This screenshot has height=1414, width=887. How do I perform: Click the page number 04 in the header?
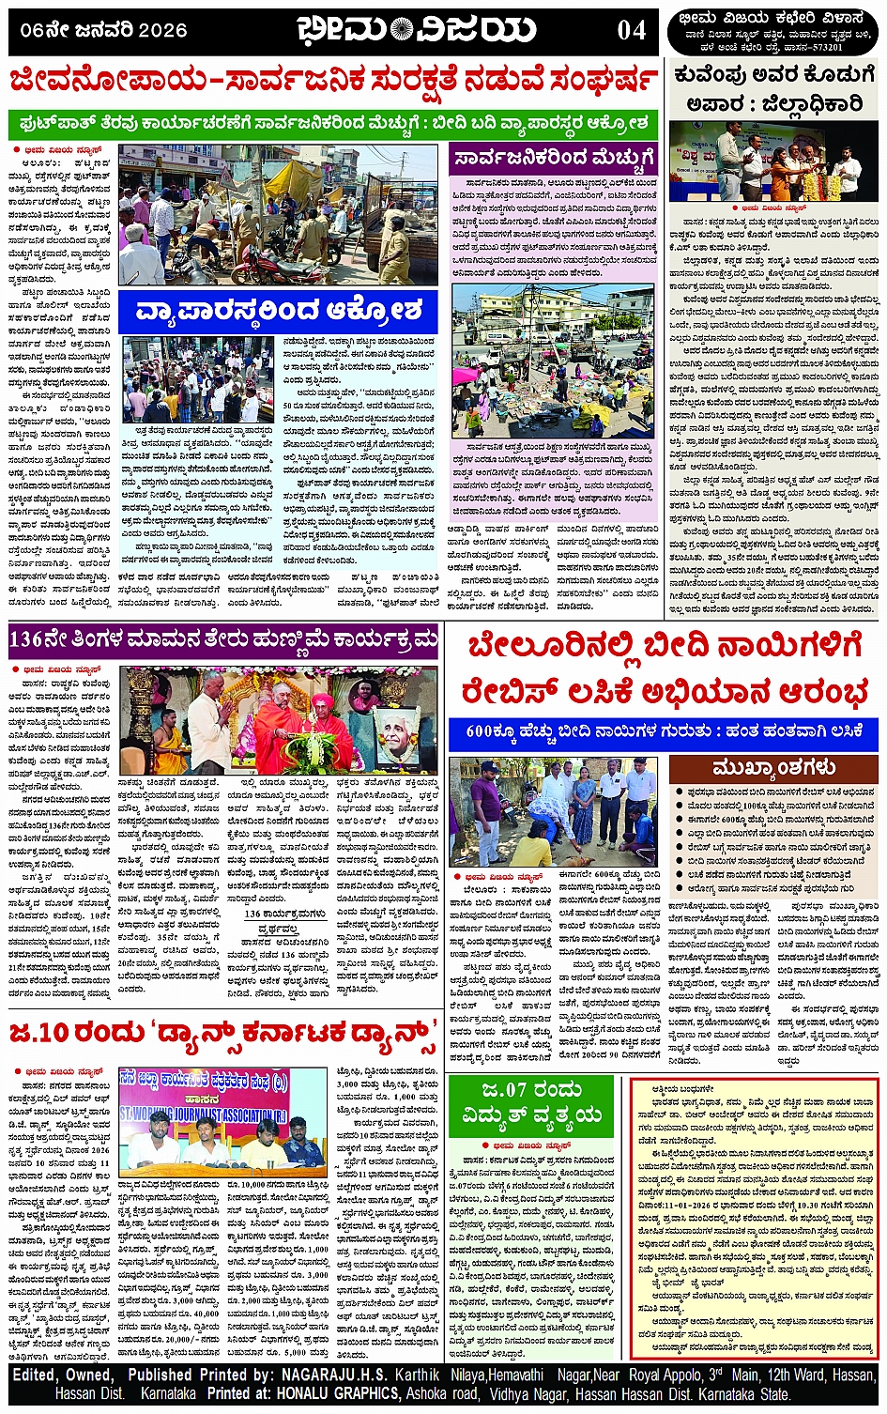pos(632,30)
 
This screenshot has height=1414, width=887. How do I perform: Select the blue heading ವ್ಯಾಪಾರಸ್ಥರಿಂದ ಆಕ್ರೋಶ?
pos(279,310)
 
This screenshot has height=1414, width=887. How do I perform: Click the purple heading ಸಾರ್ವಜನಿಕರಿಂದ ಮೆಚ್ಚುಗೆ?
pos(554,158)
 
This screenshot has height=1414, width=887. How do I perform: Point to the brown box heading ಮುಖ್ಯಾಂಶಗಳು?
pos(773,768)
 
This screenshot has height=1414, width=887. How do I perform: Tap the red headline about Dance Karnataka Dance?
pos(223,1033)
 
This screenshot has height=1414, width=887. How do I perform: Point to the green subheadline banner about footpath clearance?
pos(333,122)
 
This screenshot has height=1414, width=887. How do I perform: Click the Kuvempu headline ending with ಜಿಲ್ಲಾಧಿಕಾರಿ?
pos(773,88)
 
